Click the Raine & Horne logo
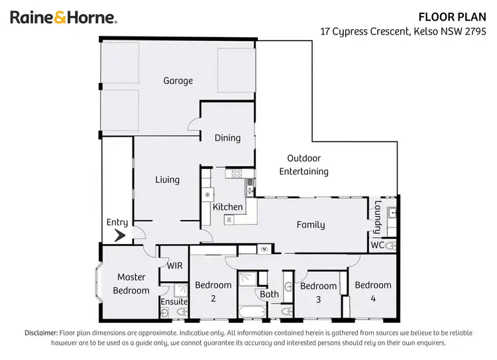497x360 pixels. click(64, 17)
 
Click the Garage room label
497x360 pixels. click(178, 81)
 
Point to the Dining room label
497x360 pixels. click(227, 138)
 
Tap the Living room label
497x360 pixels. click(168, 180)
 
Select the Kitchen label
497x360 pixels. click(228, 207)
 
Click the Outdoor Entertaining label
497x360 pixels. click(304, 164)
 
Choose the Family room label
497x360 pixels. click(310, 225)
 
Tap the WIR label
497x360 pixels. click(175, 266)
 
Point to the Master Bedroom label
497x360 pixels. click(131, 284)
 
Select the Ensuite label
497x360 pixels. click(174, 302)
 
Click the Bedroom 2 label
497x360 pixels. click(213, 292)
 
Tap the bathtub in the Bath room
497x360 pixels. click(251, 311)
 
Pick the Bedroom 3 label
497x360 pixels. click(319, 292)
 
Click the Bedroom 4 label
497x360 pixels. click(373, 292)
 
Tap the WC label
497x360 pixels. click(377, 245)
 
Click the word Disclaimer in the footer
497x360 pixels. click(41, 333)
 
